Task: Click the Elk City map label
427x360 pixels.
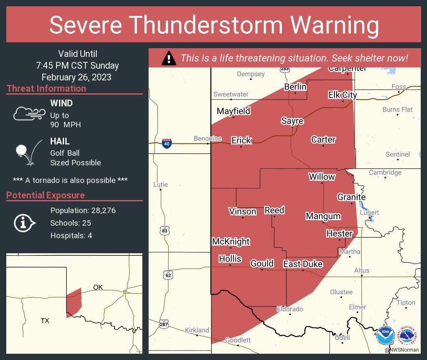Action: tap(342, 95)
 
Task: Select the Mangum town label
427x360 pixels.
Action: tap(323, 216)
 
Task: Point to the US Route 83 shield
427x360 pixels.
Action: tap(165, 230)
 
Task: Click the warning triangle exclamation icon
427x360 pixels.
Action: tap(169, 58)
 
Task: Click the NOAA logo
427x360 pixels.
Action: tap(385, 335)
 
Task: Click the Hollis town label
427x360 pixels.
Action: tap(230, 259)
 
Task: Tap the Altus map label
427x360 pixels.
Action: tap(362, 270)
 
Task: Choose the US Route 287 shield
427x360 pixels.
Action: tap(165, 324)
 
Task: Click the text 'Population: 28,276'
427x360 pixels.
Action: tap(83, 211)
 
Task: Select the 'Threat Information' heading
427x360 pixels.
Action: tap(46, 89)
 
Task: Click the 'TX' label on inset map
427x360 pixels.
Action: tap(45, 321)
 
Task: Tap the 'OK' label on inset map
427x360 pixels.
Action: tap(98, 287)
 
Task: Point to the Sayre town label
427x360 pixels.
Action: tap(292, 121)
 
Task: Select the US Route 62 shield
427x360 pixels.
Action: tap(168, 275)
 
